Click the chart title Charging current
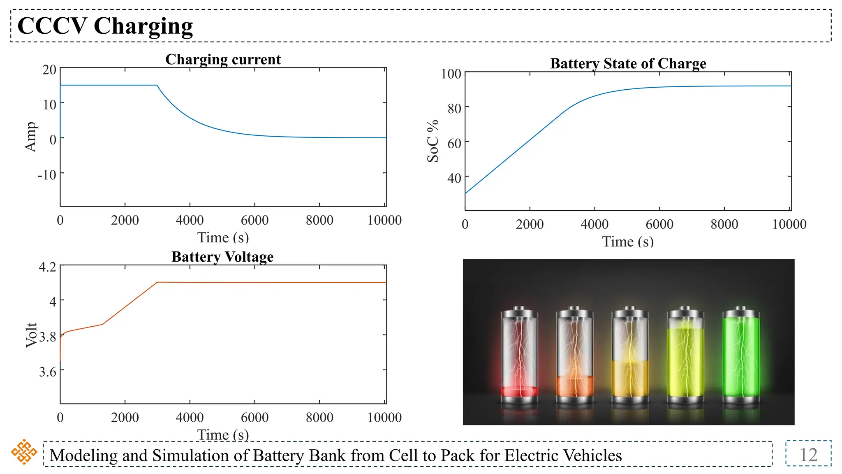(x=223, y=60)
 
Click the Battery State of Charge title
(x=628, y=64)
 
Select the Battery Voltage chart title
(x=222, y=257)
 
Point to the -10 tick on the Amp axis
(x=47, y=175)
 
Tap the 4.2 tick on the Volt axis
(x=47, y=267)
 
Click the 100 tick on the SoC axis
(x=451, y=74)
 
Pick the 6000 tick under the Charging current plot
(x=254, y=220)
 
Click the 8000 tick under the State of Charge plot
(x=724, y=224)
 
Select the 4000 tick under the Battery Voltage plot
(x=190, y=417)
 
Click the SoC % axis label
(x=433, y=141)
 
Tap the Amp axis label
(x=30, y=137)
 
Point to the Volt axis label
(x=31, y=335)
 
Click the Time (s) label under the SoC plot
(x=628, y=242)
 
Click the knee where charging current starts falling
(x=157, y=86)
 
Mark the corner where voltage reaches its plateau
(x=157, y=282)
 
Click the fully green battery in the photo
(x=741, y=356)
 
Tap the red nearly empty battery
(x=519, y=356)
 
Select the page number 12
(x=808, y=455)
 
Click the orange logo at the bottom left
(x=24, y=452)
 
